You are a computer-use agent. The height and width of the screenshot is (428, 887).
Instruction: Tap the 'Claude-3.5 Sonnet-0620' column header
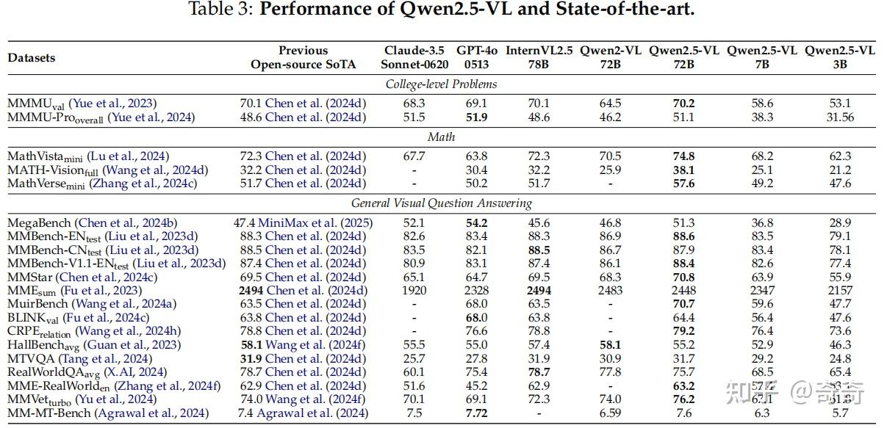pos(414,57)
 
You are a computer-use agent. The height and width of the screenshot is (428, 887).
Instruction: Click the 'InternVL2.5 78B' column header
pos(538,57)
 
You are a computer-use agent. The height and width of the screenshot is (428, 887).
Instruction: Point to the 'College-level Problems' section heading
pos(441,84)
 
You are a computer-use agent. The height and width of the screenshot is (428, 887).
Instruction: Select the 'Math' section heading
pos(441,137)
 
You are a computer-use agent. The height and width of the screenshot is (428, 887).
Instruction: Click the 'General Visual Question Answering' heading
pos(441,203)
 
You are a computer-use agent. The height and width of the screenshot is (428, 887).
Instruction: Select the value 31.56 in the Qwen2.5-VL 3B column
pos(839,117)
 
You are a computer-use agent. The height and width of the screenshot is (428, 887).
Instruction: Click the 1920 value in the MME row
pos(414,291)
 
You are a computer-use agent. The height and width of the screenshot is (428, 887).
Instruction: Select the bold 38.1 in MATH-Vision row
pos(683,170)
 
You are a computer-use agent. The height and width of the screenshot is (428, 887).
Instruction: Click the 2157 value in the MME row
pos(839,291)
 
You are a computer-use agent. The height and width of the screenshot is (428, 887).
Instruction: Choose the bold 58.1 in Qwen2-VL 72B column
pos(611,345)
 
